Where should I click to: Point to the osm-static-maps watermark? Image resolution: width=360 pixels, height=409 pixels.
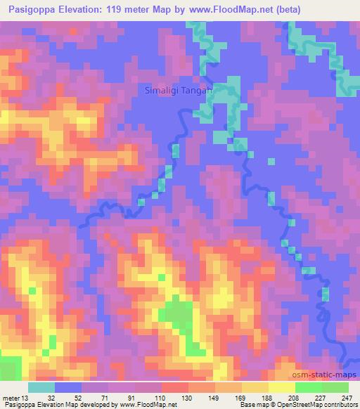[328, 375]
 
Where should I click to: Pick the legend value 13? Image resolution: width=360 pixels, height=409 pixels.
[25, 397]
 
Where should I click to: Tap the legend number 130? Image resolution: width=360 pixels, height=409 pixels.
[186, 397]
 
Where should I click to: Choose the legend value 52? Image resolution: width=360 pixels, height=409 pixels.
[77, 397]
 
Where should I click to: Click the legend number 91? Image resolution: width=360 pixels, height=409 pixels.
[131, 397]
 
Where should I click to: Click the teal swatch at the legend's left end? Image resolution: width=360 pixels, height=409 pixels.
[41, 387]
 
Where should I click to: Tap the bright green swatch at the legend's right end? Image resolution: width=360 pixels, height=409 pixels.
[334, 387]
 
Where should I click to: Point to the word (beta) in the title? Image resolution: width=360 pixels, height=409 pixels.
[335, 9]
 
